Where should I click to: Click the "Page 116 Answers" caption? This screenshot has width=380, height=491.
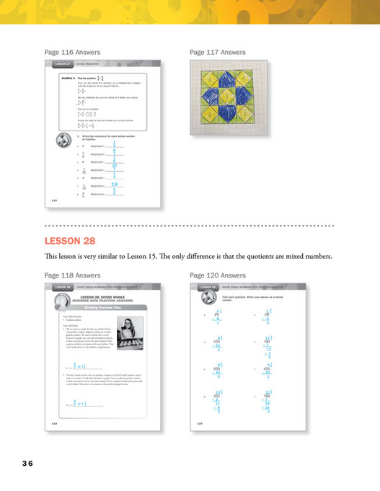click(x=72, y=53)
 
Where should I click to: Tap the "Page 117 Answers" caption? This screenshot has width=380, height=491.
click(x=217, y=53)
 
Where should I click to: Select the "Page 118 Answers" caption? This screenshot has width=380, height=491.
click(x=72, y=275)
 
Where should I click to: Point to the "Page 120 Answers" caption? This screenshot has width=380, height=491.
click(x=217, y=275)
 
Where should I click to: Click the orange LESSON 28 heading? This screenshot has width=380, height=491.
click(x=71, y=240)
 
